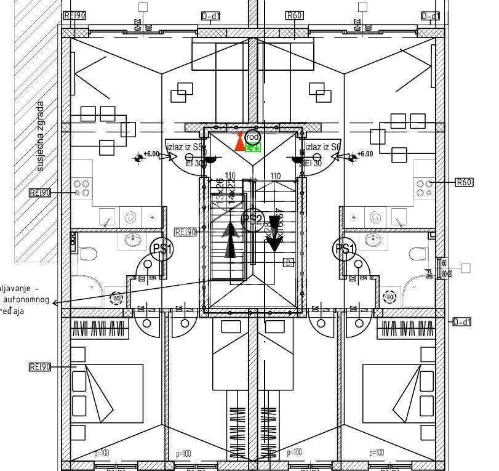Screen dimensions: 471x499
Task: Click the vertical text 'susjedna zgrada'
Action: pos(41,136)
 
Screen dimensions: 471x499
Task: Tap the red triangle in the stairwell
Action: pos(239,142)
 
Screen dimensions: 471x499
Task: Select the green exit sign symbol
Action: pos(253,147)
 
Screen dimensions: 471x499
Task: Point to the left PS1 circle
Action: pos(163,249)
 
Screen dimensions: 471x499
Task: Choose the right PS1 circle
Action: pos(345,249)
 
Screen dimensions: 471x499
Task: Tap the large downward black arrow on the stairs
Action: pos(274,235)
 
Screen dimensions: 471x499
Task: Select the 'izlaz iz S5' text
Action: pos(185,147)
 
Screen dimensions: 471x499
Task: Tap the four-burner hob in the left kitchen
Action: pos(82,188)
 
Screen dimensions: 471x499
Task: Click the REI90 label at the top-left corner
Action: pos(75,15)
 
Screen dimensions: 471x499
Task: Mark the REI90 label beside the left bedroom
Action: pos(40,367)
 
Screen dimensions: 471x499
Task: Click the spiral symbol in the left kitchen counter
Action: pos(130,217)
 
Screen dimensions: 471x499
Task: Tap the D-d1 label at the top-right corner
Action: pos(431,16)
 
